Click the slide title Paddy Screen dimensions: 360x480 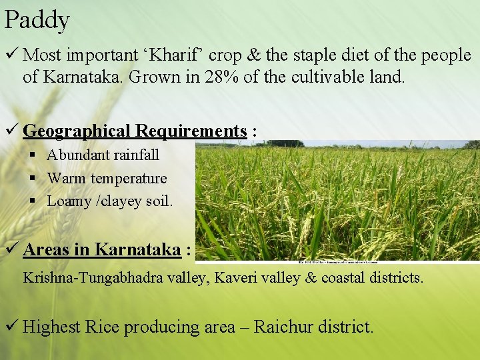pos(37,20)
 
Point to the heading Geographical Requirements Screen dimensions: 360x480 pos(135,131)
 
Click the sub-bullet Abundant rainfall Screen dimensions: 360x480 pos(103,155)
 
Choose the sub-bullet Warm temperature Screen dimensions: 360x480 pos(107,178)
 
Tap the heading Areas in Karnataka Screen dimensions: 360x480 pos(102,249)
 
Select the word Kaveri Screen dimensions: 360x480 pos(237,277)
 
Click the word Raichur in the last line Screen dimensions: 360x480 pos(285,327)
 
